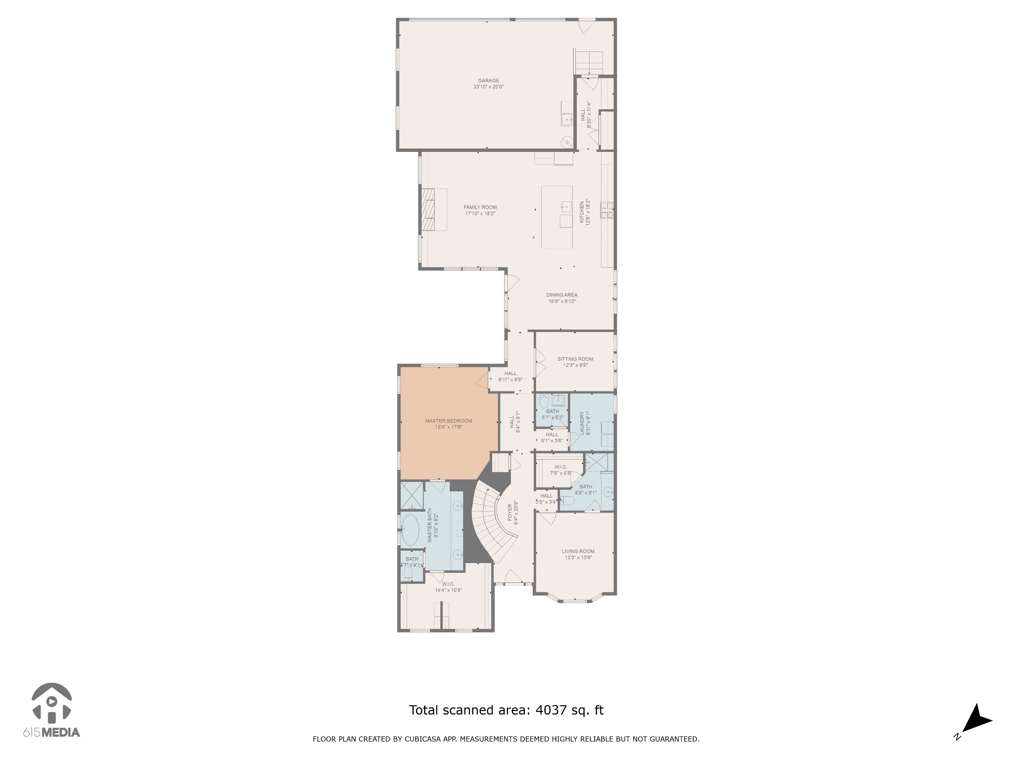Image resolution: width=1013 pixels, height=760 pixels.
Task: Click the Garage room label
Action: coord(488,81)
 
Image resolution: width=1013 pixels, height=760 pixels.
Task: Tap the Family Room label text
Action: coord(480,207)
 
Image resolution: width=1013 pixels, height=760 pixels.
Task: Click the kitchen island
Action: coord(556,217)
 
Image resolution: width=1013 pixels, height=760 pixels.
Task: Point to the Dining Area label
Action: coord(561,295)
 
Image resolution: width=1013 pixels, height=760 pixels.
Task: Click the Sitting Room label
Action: coord(575,359)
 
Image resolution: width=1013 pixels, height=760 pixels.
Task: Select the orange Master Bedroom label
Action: coord(448,421)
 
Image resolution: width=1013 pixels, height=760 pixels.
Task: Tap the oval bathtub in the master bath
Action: coord(410,530)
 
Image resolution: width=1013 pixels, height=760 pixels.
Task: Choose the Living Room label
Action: coord(578,551)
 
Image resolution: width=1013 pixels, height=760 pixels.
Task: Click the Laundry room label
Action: coord(582,423)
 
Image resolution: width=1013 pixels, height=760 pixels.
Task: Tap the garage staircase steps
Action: coord(589,61)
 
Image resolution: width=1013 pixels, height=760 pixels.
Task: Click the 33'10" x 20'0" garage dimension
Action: coord(488,87)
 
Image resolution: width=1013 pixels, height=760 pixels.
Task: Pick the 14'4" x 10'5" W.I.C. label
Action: coord(448,590)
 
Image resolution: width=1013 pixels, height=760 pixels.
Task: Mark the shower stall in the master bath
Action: coord(412,495)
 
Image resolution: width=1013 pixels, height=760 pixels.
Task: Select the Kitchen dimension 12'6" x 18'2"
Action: coord(589,212)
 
